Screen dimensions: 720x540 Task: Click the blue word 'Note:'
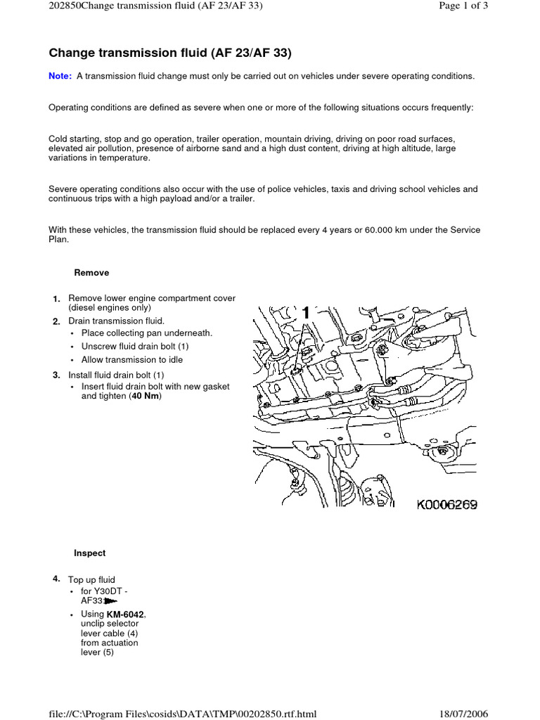(x=60, y=76)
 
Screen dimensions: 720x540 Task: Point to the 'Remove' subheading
(x=91, y=273)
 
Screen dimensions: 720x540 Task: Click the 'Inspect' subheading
(x=90, y=553)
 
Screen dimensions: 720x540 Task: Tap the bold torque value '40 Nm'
(x=146, y=397)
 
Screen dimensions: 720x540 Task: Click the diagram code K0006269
(x=446, y=505)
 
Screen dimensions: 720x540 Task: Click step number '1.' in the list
(x=57, y=300)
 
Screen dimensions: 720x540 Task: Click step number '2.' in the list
(x=57, y=321)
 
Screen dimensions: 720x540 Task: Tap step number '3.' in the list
(x=57, y=375)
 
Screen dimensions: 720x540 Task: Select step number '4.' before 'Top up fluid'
(x=57, y=579)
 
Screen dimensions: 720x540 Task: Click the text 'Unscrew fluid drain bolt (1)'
(x=135, y=347)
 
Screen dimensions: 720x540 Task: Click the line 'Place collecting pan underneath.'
(x=146, y=333)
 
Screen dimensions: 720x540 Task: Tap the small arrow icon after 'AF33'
(x=111, y=602)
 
